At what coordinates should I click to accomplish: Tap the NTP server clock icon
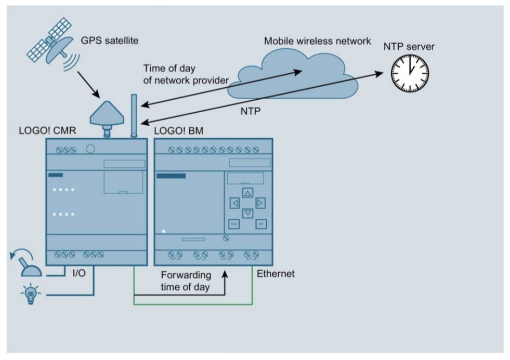click(410, 71)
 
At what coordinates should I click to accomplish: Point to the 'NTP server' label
click(409, 47)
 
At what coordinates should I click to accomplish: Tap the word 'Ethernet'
click(276, 273)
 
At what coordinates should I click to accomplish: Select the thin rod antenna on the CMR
click(134, 115)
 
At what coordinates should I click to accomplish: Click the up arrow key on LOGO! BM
click(247, 193)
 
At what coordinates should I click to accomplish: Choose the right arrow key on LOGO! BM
click(260, 203)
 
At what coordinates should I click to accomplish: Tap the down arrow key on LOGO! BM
click(247, 213)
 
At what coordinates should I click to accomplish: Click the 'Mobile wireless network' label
click(318, 41)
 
